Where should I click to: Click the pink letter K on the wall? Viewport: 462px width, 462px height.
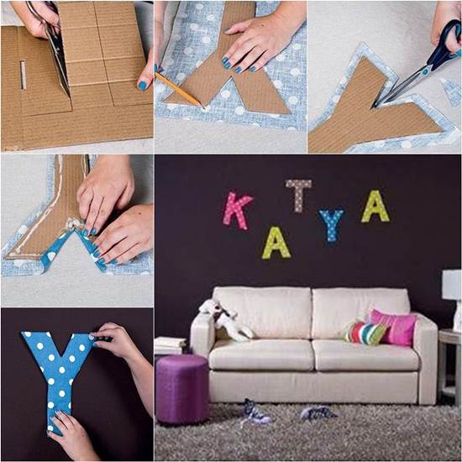[237, 210]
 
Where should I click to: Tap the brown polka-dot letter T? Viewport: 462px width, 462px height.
[298, 194]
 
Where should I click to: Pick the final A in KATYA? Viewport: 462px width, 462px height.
[375, 207]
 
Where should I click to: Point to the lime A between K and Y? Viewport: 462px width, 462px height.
[276, 243]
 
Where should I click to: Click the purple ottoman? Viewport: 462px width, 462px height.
[181, 387]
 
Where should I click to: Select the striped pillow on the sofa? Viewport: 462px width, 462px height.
[365, 332]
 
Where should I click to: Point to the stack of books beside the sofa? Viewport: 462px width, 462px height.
[170, 345]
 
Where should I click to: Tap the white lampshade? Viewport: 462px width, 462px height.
[452, 285]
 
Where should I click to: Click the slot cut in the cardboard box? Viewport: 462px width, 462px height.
[24, 74]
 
